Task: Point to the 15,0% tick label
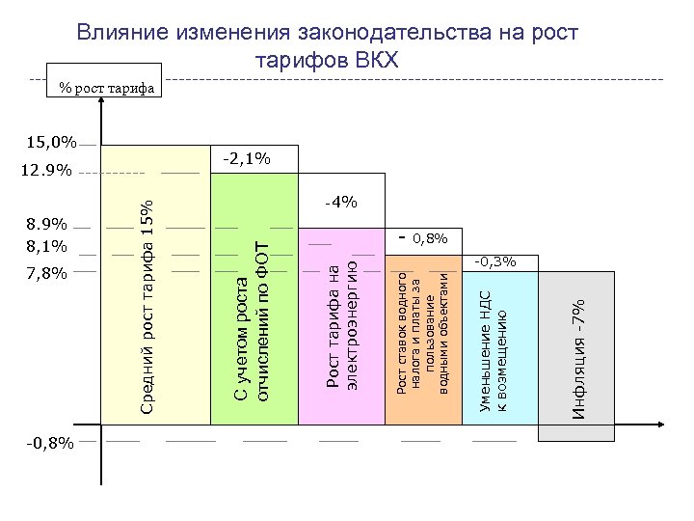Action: (x=51, y=143)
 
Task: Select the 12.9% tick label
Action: (x=47, y=171)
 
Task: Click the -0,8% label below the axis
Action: (x=47, y=443)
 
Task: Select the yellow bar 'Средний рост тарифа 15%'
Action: (x=154, y=289)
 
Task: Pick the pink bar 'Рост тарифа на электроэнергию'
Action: (x=341, y=328)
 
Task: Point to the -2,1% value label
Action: (x=246, y=156)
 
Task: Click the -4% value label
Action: (x=341, y=202)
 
